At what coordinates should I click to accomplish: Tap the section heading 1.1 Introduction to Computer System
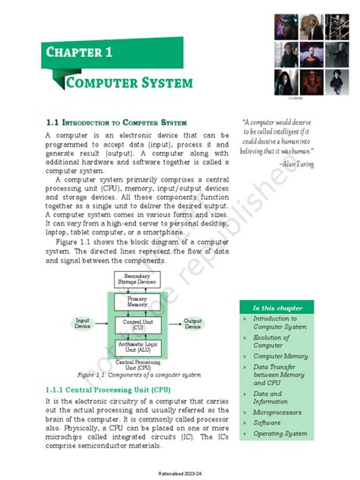tap(116, 122)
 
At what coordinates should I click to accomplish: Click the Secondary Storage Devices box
tap(137, 279)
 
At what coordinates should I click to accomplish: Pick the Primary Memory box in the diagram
tap(137, 301)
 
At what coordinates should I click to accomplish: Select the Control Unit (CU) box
tap(137, 324)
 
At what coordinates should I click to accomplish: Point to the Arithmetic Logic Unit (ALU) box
tap(137, 348)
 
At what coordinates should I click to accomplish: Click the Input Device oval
tap(82, 324)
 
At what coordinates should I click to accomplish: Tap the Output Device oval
tap(193, 324)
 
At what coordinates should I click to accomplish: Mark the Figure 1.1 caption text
tap(137, 375)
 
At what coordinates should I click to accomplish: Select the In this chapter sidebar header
tap(278, 308)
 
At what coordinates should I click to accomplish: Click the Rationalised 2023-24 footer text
tap(180, 472)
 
